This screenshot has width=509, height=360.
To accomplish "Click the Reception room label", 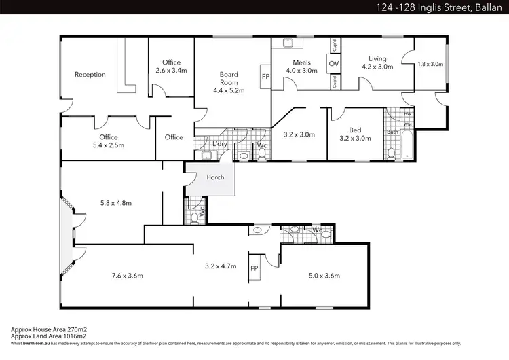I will pyautogui.click(x=90, y=75).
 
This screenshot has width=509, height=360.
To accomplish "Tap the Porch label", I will pyautogui.click(x=206, y=178).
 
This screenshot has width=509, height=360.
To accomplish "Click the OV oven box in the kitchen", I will pyautogui.click(x=333, y=64).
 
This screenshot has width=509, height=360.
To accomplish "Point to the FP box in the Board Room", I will pyautogui.click(x=265, y=77).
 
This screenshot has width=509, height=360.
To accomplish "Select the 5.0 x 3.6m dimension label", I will pyautogui.click(x=324, y=276).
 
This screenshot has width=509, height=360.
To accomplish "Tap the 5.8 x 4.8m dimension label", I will pyautogui.click(x=115, y=202).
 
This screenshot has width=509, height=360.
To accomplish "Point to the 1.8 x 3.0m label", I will pyautogui.click(x=430, y=64).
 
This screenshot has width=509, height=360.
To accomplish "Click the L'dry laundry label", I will pyautogui.click(x=219, y=145).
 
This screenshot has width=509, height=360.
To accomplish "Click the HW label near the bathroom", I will pyautogui.click(x=407, y=113).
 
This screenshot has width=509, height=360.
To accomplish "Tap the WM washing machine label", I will pyautogui.click(x=407, y=124).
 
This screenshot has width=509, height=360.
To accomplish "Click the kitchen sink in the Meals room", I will pyautogui.click(x=288, y=44).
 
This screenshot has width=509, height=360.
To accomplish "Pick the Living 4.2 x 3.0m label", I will pyautogui.click(x=377, y=62).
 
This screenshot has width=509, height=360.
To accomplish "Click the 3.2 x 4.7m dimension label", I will pyautogui.click(x=221, y=267).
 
